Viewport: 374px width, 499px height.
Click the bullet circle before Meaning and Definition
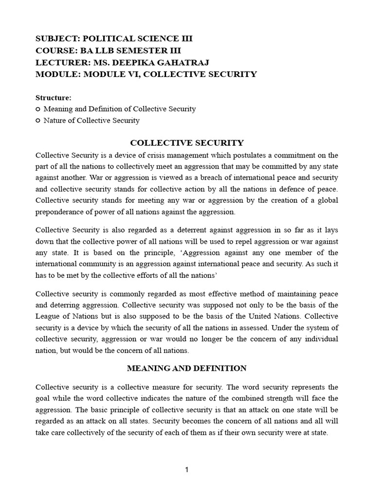pyautogui.click(x=38, y=109)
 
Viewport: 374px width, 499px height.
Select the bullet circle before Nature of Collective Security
pyautogui.click(x=38, y=121)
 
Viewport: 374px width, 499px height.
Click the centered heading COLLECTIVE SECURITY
pyautogui.click(x=187, y=143)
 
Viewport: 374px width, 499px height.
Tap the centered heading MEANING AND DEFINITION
pyautogui.click(x=187, y=368)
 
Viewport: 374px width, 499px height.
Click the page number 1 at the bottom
pyautogui.click(x=187, y=469)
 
